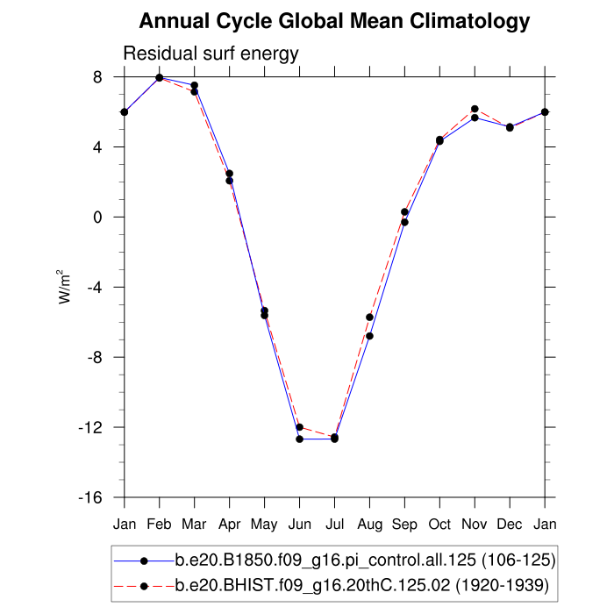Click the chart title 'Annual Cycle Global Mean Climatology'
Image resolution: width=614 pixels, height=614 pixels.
[x=334, y=21]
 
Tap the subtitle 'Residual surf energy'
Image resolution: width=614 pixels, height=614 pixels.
[x=211, y=54]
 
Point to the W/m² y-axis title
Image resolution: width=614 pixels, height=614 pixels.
[x=66, y=287]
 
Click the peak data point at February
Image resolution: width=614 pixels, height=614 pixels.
[x=160, y=77]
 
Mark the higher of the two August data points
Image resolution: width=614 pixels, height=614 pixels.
[x=370, y=318]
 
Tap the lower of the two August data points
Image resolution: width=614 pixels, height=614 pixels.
[x=370, y=336]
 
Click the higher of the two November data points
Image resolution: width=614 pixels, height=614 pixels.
[x=475, y=109]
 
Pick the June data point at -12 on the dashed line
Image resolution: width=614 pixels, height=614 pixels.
[x=300, y=427]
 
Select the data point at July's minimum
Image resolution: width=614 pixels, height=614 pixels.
[x=334, y=438]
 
